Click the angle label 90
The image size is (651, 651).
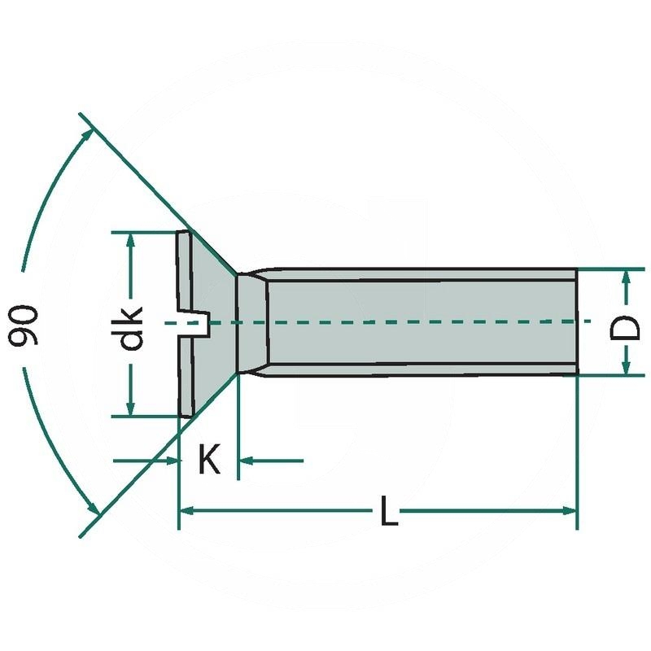[x=24, y=325]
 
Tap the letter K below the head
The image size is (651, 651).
[x=209, y=461]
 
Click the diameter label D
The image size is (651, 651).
[x=626, y=328]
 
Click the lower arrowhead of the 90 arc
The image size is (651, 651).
[x=94, y=508]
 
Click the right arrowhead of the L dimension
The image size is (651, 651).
[x=569, y=510]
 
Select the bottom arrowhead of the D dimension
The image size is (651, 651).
[x=626, y=368]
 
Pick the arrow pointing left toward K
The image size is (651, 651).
[x=247, y=461]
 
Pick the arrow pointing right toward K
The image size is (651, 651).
[x=170, y=461]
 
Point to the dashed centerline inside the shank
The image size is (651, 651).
[x=407, y=322]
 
